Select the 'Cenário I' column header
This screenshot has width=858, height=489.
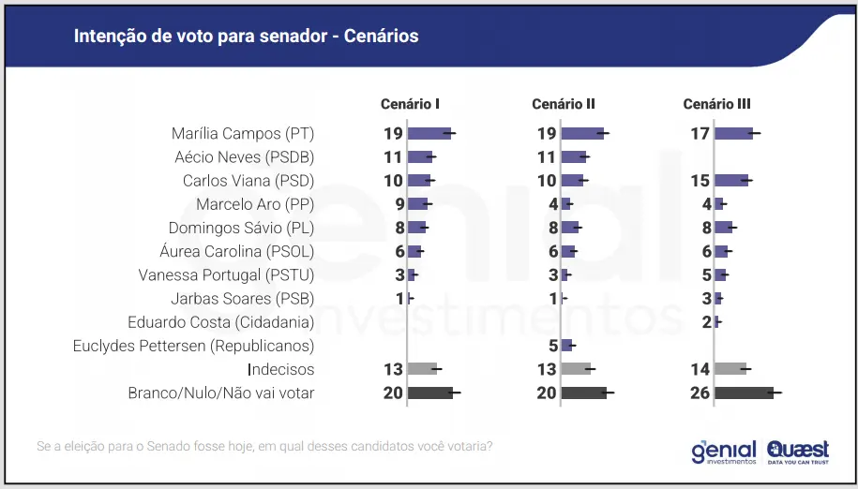point(411,104)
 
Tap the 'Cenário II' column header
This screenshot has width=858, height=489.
point(564,104)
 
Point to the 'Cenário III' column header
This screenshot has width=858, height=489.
point(716,104)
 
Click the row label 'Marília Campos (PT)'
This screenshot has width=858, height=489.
point(243,133)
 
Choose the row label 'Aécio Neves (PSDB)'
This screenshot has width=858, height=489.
point(245,156)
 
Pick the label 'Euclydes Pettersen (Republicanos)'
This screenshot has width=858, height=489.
point(193,346)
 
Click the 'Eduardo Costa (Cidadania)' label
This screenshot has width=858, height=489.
point(220,322)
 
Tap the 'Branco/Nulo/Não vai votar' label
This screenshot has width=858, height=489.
point(220,393)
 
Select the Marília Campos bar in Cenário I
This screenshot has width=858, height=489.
point(429,133)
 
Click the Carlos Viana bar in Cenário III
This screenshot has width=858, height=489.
point(731,180)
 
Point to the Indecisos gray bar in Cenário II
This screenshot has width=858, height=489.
point(576,369)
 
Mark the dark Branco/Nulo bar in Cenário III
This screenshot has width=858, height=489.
point(744,393)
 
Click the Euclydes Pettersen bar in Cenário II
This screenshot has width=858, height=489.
point(566,346)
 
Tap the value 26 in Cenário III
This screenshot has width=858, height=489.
point(700,393)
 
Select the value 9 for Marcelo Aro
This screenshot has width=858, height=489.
point(399,204)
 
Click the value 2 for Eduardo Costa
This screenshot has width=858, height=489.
point(706,322)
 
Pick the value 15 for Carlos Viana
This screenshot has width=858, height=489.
point(700,180)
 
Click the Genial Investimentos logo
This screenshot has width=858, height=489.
point(723,452)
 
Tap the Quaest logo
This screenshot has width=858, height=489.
point(797,452)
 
